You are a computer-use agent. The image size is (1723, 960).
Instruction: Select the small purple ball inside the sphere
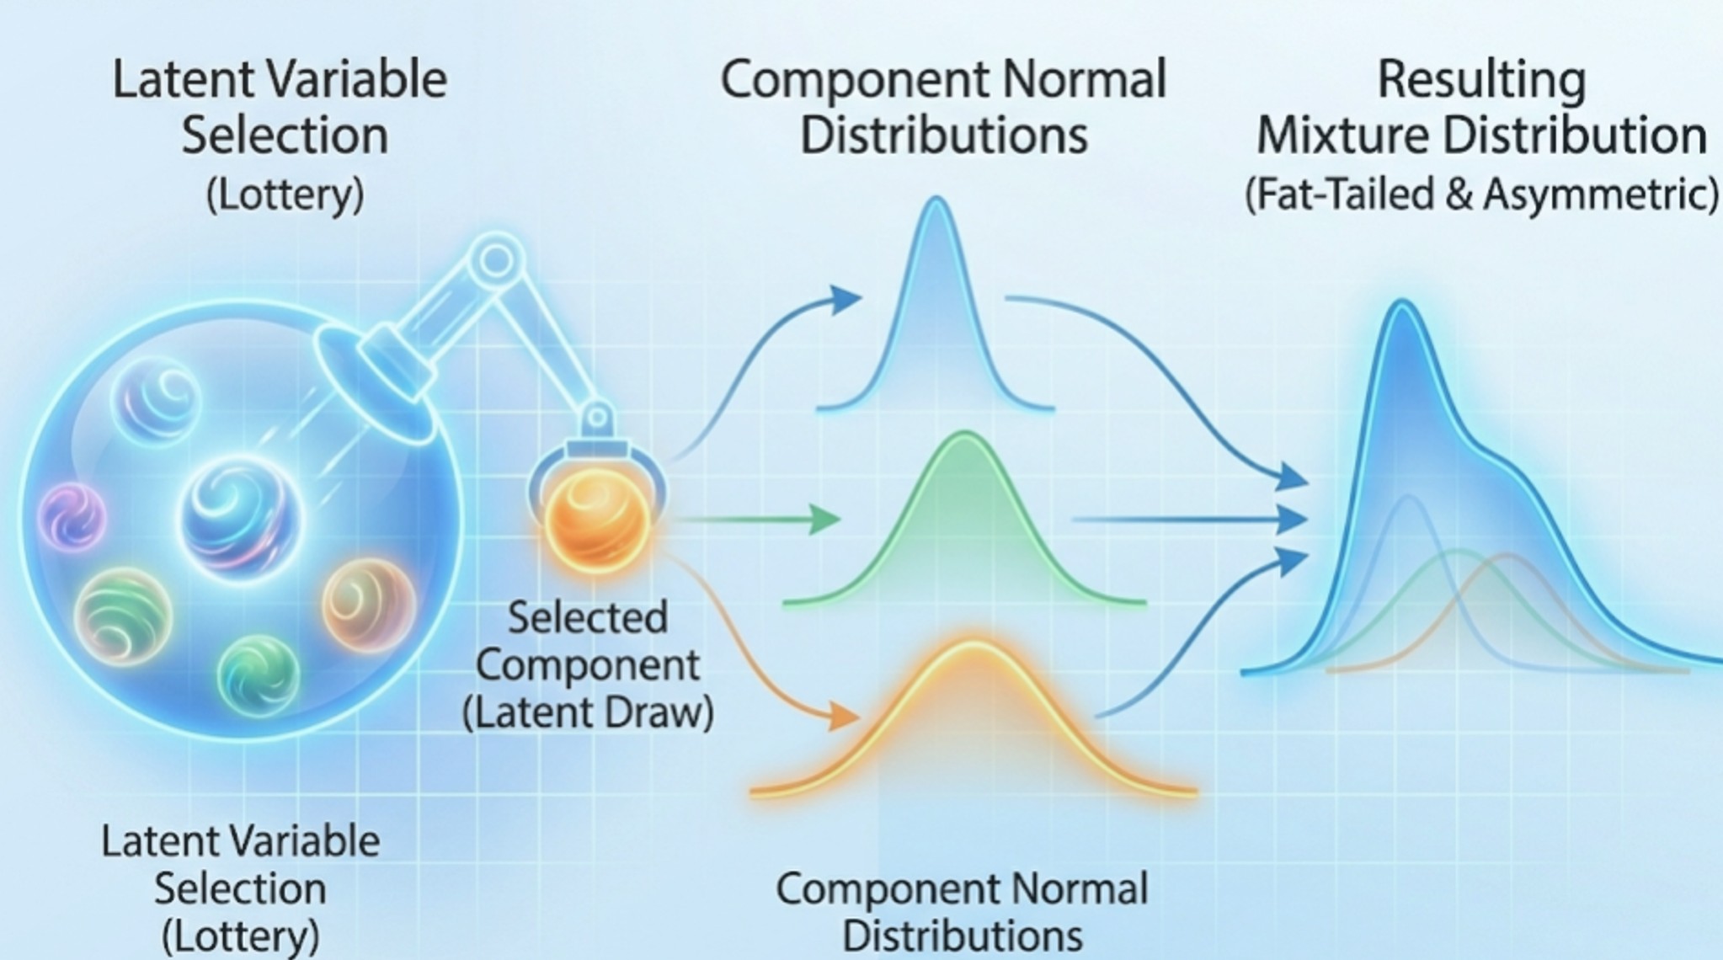[72, 515]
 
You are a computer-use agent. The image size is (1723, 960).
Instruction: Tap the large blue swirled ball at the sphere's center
[240, 515]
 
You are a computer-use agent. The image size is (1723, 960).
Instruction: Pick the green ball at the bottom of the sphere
[258, 675]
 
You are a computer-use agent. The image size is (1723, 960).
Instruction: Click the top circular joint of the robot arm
[496, 260]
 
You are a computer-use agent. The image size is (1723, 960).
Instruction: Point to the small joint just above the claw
[597, 417]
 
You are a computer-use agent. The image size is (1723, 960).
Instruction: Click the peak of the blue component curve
[936, 202]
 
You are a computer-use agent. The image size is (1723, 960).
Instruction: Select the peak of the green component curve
[965, 437]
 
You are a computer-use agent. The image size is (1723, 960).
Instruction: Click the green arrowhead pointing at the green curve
[824, 519]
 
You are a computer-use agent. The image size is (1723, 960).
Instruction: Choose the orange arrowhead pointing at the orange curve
[842, 716]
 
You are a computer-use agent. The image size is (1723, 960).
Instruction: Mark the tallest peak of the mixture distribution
[1403, 305]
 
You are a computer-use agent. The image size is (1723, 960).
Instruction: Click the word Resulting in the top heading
[1480, 80]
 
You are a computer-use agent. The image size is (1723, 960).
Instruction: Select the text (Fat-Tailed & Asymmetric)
[1481, 194]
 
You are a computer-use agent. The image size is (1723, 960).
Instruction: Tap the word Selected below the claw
[588, 617]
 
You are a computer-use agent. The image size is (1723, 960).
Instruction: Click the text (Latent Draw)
[588, 712]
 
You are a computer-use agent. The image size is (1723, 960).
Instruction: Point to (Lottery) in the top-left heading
[285, 195]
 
